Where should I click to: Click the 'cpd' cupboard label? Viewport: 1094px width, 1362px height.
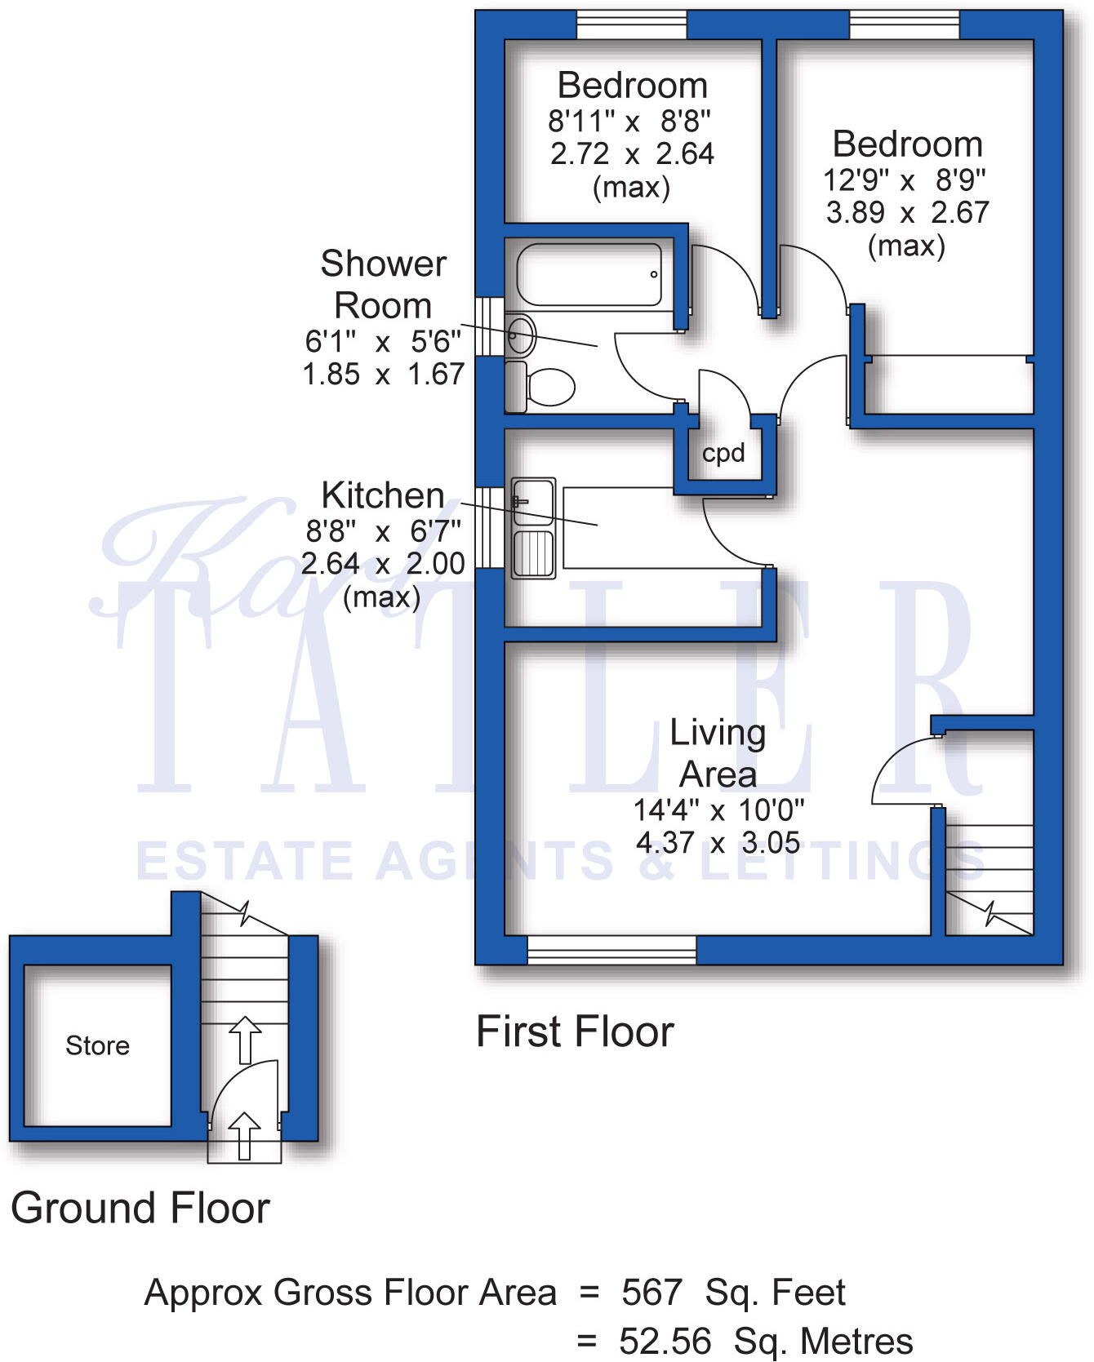point(723,453)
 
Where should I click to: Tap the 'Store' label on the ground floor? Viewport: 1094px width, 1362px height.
point(97,1045)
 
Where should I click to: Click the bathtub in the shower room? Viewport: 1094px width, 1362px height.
point(589,274)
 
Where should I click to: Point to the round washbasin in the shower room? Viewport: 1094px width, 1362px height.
point(521,335)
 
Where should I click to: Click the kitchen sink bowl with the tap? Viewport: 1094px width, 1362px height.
point(533,502)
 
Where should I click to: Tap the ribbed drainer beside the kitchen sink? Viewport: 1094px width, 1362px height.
point(533,553)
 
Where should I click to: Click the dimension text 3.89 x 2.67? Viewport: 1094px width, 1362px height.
point(907,212)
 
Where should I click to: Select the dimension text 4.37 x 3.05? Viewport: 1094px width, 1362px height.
point(718,842)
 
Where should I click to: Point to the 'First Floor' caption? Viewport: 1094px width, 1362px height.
point(575,1031)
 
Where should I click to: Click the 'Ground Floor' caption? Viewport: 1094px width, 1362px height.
point(140,1208)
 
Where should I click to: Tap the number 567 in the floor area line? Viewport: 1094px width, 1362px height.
point(651,1293)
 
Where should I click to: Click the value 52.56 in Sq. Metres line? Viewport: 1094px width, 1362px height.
point(665,1341)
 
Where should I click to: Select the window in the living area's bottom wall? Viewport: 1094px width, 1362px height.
point(611,950)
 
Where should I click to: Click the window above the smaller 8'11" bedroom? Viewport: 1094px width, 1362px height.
point(631,24)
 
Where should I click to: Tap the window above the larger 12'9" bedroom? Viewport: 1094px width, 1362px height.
point(904,24)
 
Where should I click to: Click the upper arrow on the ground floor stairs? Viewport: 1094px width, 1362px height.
point(244,1039)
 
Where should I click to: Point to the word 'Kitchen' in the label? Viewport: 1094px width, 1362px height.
point(383,495)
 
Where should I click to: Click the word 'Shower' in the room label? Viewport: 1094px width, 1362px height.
point(383,264)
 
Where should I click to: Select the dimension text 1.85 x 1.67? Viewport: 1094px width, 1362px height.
point(383,375)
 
